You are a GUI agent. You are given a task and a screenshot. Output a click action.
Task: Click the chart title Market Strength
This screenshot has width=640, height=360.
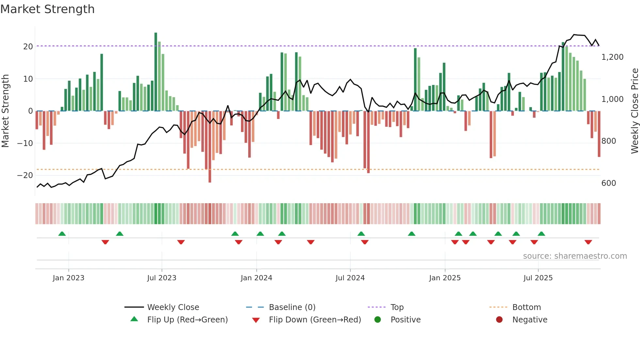47,9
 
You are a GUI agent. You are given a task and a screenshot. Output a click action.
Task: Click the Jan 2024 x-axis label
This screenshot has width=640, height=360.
256,278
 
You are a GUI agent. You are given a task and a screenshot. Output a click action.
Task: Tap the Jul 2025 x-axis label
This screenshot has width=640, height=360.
538,278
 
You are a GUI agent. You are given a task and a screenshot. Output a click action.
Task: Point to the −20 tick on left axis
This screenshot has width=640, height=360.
25,175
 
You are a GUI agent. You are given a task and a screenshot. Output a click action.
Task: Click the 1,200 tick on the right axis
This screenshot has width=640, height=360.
612,57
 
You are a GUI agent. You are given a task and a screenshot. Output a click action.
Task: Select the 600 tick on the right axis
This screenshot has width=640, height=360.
608,183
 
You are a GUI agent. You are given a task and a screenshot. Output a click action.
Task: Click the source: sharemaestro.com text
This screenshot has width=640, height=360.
575,256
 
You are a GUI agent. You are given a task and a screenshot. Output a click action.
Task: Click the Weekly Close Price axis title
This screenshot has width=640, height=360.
634,111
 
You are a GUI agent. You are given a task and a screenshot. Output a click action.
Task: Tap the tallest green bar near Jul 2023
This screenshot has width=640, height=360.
156,72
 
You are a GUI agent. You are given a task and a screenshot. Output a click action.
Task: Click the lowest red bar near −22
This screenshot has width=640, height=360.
210,147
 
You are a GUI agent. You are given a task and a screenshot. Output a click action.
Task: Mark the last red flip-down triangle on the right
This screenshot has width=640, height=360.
588,242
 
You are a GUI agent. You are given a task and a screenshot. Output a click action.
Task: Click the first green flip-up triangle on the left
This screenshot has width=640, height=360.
62,234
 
